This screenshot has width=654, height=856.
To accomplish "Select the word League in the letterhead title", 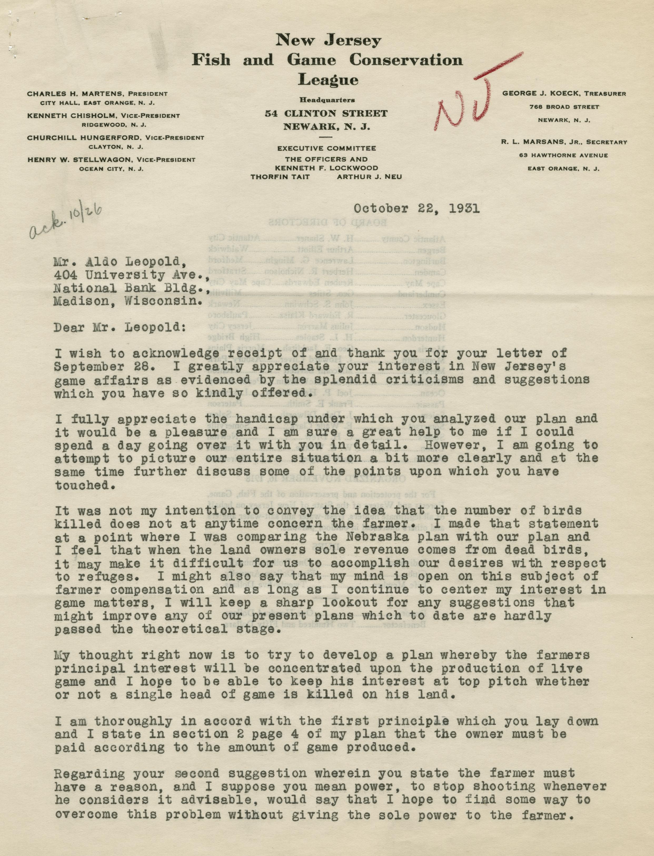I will (x=328, y=80).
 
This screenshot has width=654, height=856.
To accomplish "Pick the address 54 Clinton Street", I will (x=326, y=114).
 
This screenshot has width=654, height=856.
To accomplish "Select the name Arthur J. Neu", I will (x=369, y=177).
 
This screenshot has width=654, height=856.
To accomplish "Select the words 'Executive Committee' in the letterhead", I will (x=326, y=148).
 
